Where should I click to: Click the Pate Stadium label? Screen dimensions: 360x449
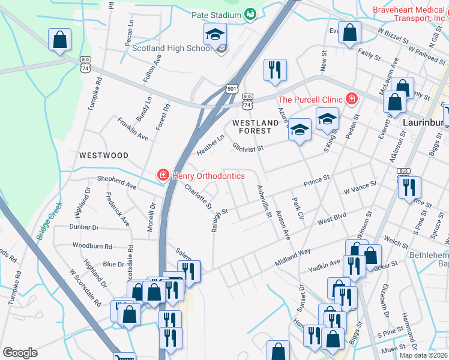click(216, 15)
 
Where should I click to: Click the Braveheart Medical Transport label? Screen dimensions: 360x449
click(409, 14)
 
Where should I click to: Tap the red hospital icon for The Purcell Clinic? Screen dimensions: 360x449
click(351, 100)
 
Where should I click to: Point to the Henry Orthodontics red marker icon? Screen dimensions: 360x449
click(162, 176)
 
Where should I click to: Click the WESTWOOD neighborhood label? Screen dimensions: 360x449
click(104, 155)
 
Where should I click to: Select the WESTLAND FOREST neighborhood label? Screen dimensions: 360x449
click(256, 128)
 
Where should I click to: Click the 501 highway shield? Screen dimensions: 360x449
click(232, 88)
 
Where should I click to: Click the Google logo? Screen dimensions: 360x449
click(20, 353)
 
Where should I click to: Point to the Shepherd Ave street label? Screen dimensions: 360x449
click(117, 183)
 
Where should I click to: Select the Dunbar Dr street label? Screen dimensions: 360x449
click(83, 227)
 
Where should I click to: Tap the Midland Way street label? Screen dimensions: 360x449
click(293, 256)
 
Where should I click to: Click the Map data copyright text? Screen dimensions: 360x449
click(424, 355)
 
